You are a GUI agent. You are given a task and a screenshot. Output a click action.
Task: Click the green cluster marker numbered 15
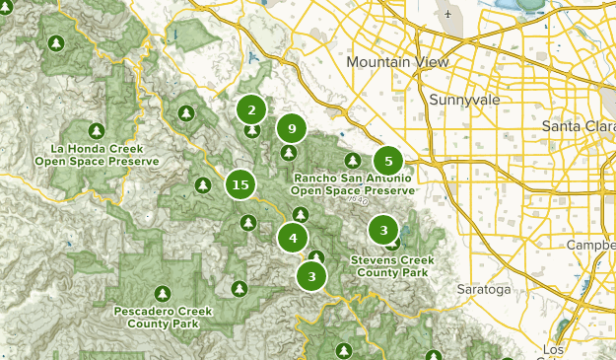(240, 184)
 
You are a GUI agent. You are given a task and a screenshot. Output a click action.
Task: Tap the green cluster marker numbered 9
(290, 127)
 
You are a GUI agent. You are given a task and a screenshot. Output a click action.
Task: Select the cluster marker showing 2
(252, 110)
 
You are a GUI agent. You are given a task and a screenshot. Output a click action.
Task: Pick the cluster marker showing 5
(388, 161)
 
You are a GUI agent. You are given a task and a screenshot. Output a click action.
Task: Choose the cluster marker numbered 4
(293, 238)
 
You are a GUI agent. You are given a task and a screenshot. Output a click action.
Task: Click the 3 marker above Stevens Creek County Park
(382, 231)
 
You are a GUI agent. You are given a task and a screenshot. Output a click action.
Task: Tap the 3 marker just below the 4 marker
(311, 276)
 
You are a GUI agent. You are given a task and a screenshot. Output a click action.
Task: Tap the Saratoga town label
(484, 290)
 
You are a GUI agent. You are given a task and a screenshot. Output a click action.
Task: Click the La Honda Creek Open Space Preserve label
(97, 154)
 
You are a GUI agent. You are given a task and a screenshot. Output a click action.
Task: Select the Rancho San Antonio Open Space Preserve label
(352, 183)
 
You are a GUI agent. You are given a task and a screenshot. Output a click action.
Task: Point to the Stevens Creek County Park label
(390, 266)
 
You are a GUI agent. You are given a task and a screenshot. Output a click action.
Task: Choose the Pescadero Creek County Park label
(164, 317)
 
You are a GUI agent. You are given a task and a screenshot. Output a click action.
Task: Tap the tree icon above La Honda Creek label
(97, 130)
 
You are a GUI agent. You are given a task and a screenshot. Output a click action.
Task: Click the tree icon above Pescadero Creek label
(164, 293)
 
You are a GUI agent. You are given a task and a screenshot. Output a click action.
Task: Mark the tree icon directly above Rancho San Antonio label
(352, 160)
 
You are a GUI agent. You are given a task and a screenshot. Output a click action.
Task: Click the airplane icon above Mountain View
(449, 16)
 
